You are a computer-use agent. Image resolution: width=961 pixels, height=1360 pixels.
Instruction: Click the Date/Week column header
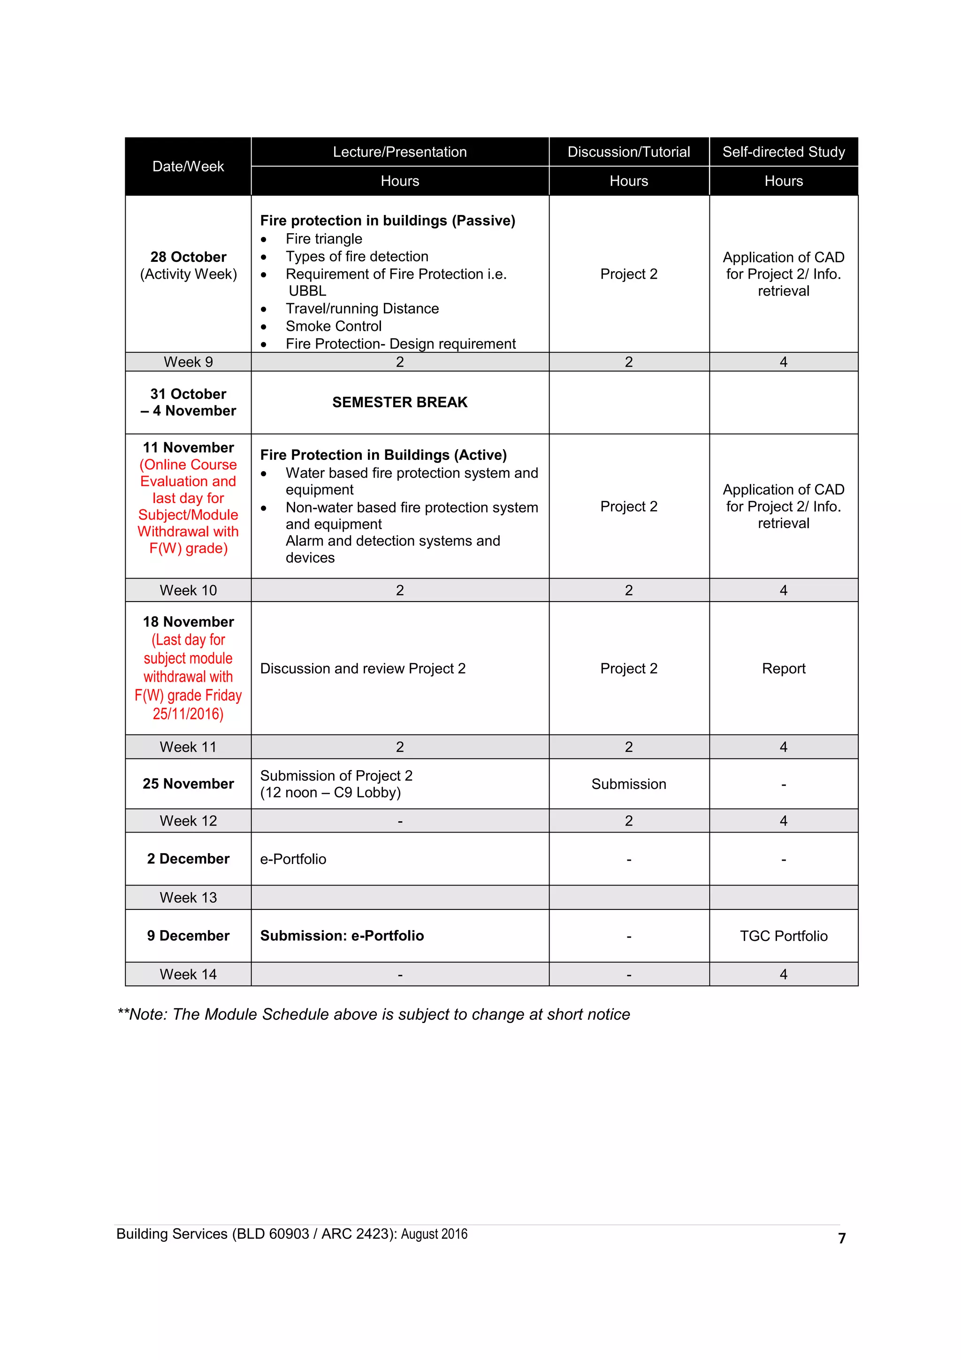(188, 167)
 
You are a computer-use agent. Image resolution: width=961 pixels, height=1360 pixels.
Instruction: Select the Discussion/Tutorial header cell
(628, 152)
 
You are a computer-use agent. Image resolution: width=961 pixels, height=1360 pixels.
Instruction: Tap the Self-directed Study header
(783, 152)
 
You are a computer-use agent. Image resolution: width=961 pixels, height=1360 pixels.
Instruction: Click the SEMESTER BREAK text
(400, 402)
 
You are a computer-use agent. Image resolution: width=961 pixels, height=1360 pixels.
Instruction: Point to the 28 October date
(188, 257)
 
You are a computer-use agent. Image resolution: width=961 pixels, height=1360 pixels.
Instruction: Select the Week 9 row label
(188, 362)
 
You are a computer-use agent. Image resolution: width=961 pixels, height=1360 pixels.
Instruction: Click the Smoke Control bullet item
(333, 326)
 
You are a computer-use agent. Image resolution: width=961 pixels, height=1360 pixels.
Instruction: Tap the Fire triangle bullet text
(324, 239)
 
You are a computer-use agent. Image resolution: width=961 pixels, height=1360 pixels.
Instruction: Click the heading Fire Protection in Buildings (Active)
(383, 455)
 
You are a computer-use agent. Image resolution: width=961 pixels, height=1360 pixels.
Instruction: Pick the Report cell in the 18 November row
(783, 669)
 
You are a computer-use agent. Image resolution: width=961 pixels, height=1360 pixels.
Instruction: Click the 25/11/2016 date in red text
(188, 714)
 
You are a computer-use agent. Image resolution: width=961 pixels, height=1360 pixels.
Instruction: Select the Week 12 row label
(188, 821)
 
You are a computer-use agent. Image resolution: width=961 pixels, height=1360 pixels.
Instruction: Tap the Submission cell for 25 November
(628, 784)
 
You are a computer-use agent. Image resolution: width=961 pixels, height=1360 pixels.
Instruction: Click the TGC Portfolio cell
(783, 936)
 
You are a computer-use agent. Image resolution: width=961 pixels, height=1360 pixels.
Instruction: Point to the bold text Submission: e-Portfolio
(342, 936)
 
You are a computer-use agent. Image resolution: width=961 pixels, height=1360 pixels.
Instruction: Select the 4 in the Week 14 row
(783, 974)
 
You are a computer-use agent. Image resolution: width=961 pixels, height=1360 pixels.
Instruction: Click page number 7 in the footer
(841, 1238)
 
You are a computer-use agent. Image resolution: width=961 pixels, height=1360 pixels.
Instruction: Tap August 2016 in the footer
(434, 1234)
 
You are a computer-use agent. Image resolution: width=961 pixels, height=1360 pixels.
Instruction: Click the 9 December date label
(188, 936)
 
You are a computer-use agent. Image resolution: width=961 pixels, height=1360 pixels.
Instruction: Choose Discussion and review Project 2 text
(362, 669)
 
